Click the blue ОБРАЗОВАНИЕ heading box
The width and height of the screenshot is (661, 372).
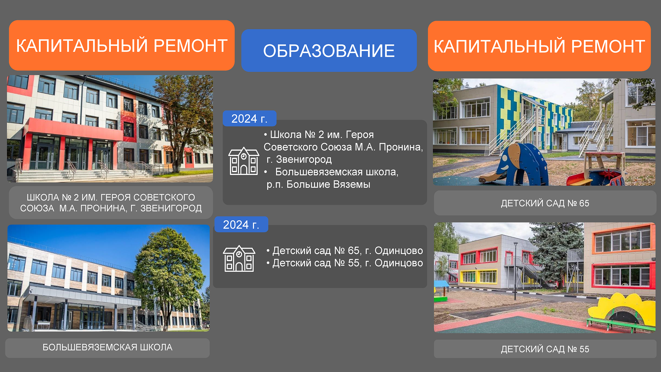pos(329,50)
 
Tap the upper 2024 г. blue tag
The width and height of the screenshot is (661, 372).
pos(250,118)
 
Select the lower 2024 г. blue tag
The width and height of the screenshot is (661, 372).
pos(241,224)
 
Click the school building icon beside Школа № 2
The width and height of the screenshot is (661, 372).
pos(244,161)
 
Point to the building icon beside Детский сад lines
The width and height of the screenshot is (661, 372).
pos(239,258)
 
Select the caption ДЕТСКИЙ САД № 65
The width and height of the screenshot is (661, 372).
pos(545,203)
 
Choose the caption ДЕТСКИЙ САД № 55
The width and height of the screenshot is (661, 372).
pos(545,349)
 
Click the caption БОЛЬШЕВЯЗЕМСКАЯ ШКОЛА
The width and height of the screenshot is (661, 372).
pos(107,347)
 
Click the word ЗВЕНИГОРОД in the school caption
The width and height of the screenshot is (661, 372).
pos(171,208)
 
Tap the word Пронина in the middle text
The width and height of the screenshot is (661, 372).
pos(401,147)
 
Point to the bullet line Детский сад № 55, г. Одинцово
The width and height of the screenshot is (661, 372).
pos(345,263)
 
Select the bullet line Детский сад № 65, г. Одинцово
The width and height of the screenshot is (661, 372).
pos(345,250)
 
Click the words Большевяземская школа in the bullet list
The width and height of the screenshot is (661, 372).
pos(337,172)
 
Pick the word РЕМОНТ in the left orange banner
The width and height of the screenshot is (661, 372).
pos(190,46)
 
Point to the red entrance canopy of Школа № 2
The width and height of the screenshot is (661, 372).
pos(74,128)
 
